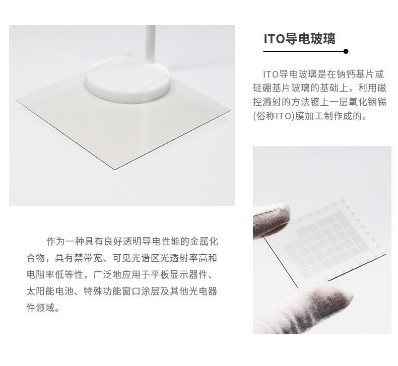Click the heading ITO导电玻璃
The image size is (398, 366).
tap(299, 39)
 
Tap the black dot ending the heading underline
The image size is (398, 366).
tap(346, 51)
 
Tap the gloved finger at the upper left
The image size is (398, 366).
tap(270, 222)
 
